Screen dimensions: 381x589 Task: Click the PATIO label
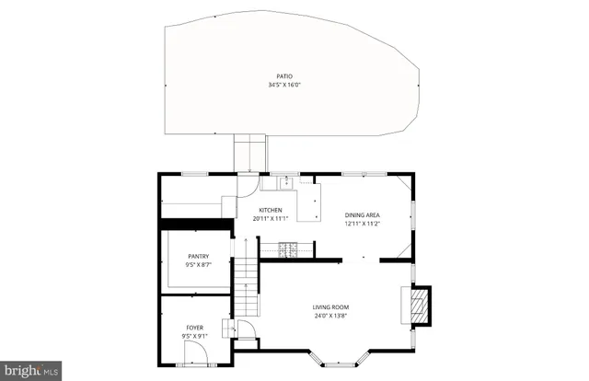pyautogui.click(x=285, y=76)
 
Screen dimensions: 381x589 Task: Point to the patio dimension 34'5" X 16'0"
pyautogui.click(x=285, y=86)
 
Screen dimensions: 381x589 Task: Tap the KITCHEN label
pyautogui.click(x=270, y=210)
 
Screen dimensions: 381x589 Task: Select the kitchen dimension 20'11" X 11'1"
pyautogui.click(x=270, y=219)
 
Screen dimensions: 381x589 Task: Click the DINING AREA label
pyautogui.click(x=362, y=215)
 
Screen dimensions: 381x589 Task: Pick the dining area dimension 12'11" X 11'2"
pyautogui.click(x=362, y=224)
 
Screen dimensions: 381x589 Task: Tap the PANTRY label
pyautogui.click(x=198, y=257)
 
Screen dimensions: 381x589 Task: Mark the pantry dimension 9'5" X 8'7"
pyautogui.click(x=198, y=266)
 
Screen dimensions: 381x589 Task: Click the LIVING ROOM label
pyautogui.click(x=330, y=307)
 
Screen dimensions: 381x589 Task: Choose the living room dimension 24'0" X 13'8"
pyautogui.click(x=330, y=316)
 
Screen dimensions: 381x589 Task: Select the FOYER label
pyautogui.click(x=195, y=327)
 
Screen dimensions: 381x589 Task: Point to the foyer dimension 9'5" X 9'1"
pyautogui.click(x=195, y=336)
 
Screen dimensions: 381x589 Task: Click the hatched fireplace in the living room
pyautogui.click(x=419, y=304)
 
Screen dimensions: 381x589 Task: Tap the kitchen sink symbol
pyautogui.click(x=286, y=182)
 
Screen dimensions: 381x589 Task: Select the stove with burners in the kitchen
pyautogui.click(x=287, y=248)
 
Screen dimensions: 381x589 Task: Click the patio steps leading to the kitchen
pyautogui.click(x=250, y=153)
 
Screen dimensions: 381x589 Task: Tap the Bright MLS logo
pyautogui.click(x=30, y=371)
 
